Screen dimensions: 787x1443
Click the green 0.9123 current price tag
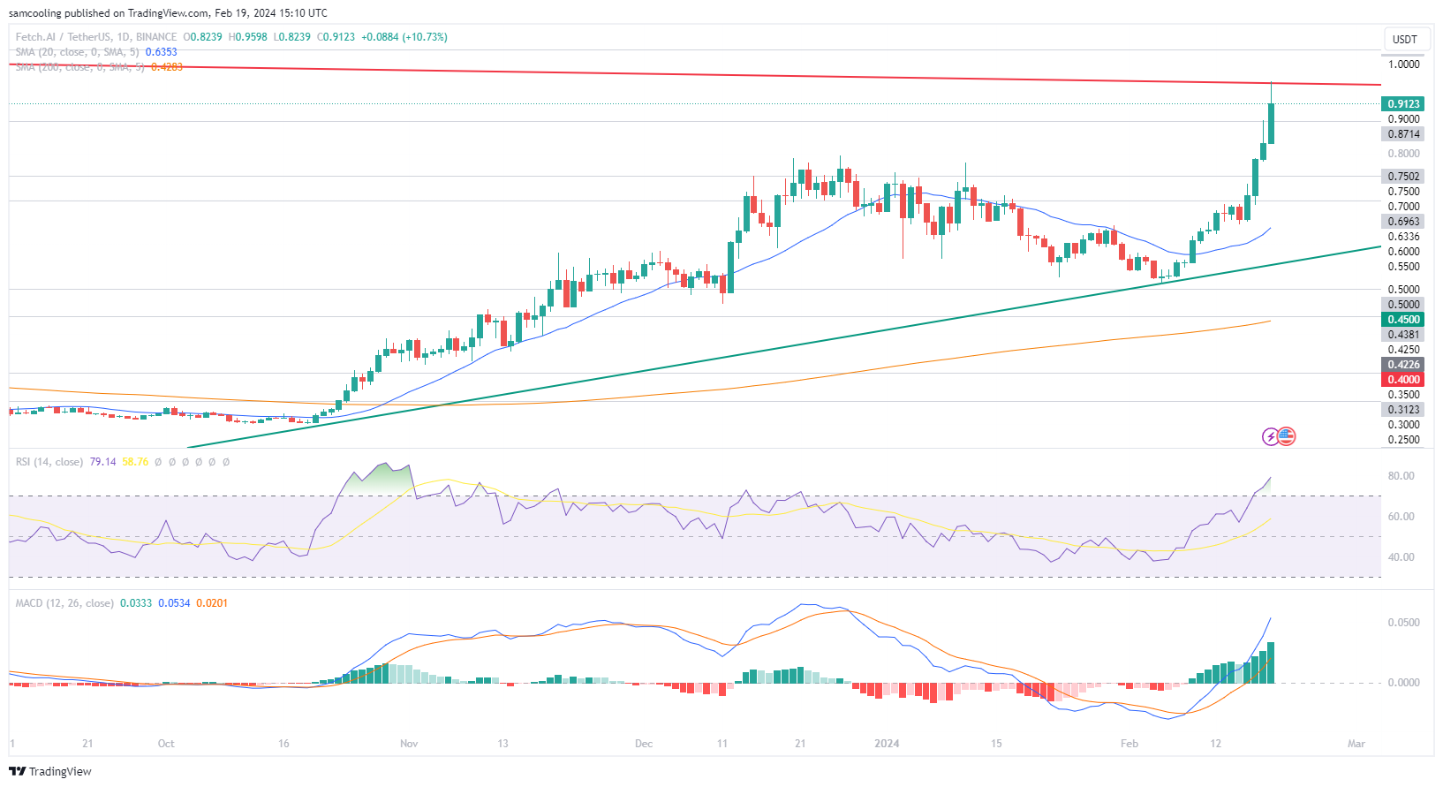1402,103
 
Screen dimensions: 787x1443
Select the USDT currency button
1404,39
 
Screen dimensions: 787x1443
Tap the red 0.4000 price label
1402,380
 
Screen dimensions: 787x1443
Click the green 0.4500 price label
1402,320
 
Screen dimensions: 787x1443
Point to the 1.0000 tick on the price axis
1403,64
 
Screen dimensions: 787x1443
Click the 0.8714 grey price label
1402,134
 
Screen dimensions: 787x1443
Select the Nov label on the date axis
409,744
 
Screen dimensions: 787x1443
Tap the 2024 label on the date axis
887,744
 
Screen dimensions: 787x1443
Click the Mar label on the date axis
1356,744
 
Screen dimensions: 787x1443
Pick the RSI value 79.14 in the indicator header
102,462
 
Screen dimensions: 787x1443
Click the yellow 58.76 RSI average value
135,462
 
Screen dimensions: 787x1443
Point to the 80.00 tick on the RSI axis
1401,476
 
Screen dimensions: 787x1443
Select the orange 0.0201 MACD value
212,603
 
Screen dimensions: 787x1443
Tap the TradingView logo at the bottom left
51,771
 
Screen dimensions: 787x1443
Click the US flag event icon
1287,436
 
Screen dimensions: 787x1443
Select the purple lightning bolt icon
1271,436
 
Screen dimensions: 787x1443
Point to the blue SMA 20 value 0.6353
161,52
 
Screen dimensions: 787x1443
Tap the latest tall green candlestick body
1271,123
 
